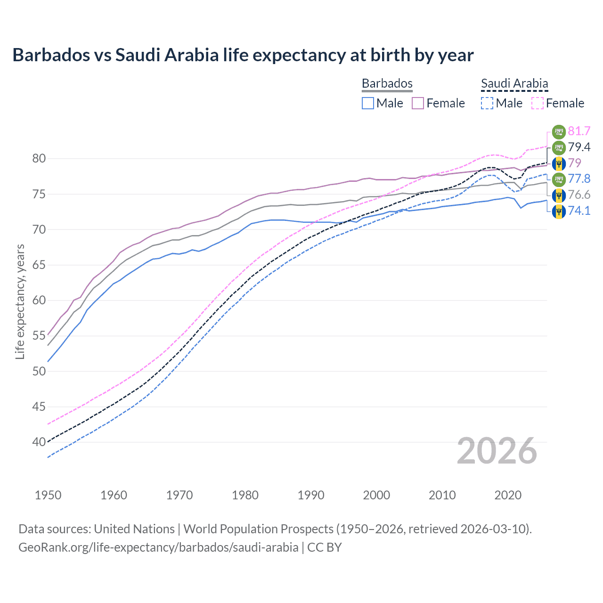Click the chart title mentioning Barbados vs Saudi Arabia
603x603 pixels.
click(243, 55)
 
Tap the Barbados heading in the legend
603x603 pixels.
click(387, 83)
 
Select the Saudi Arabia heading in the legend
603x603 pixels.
click(514, 83)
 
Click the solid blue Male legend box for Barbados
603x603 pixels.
click(368, 103)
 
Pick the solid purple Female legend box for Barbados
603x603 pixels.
click(418, 103)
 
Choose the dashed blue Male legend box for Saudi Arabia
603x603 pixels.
click(487, 103)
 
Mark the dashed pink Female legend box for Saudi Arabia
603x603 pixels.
click(537, 103)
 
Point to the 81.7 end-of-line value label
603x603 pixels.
click(579, 131)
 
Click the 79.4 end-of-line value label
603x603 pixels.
click(579, 147)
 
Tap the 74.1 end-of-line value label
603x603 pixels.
click(579, 211)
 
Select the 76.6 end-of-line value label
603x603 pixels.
click(579, 195)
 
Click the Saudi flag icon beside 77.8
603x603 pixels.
click(559, 179)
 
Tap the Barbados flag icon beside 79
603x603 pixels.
click(559, 163)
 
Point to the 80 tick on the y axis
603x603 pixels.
click(39, 159)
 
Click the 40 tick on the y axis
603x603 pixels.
click(39, 442)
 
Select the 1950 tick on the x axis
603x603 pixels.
click(48, 495)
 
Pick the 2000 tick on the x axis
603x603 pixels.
click(376, 495)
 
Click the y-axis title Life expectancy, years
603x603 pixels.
click(20, 301)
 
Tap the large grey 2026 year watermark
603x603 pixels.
click(497, 451)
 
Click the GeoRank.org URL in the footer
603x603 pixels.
click(158, 547)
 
